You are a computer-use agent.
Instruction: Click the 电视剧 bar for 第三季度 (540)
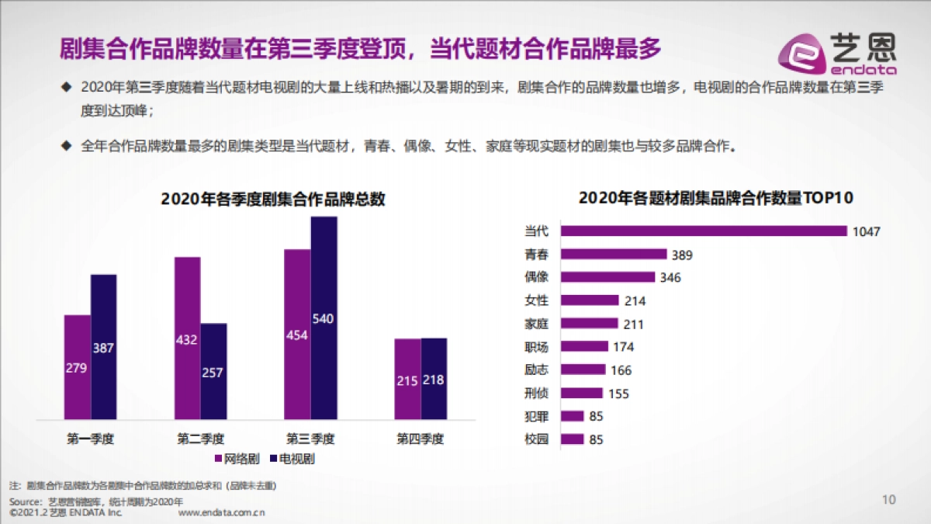click(x=324, y=318)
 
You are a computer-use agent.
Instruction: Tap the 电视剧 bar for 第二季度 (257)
click(x=214, y=371)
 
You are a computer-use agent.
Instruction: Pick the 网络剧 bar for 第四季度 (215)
click(x=407, y=379)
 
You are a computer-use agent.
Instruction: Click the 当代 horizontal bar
click(x=703, y=231)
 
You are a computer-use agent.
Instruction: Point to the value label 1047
click(x=867, y=231)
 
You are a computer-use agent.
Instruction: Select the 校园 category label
click(x=537, y=439)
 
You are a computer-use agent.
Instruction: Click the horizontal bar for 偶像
click(x=607, y=277)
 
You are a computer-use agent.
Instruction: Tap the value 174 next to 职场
click(x=624, y=347)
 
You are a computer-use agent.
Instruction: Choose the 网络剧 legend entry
click(x=241, y=459)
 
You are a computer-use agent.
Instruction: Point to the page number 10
click(x=889, y=498)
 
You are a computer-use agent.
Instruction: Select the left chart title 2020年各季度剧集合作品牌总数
click(x=273, y=199)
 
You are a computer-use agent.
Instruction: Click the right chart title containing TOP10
click(x=715, y=198)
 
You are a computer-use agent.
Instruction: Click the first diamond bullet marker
click(x=66, y=87)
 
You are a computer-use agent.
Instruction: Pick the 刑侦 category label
click(x=537, y=393)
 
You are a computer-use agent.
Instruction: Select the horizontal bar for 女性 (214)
click(x=590, y=300)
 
